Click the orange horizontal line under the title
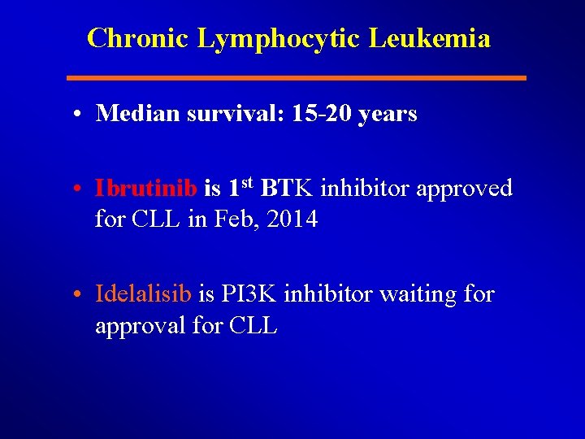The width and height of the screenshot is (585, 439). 297,78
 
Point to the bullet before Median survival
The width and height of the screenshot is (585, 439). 74,115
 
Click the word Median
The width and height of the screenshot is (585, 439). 137,114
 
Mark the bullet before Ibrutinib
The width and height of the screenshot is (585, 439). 74,189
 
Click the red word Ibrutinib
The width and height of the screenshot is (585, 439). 145,189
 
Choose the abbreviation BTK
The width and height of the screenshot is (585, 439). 287,189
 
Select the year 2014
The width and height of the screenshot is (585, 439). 292,219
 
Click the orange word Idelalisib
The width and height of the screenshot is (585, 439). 143,293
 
